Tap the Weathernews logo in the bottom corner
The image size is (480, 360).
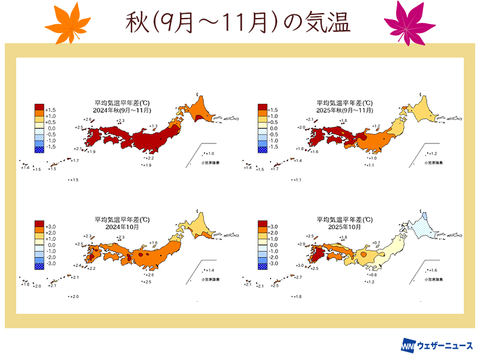pos(437,346)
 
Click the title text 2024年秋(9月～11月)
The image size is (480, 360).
pos(122,110)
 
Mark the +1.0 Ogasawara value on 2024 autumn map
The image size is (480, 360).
pos(210,154)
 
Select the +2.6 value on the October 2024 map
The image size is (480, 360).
pos(150,275)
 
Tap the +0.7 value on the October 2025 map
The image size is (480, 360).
pos(377,242)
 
